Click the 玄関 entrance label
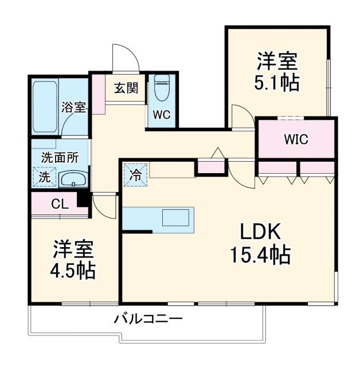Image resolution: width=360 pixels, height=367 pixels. tap(126, 88)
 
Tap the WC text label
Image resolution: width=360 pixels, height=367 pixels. tap(162, 114)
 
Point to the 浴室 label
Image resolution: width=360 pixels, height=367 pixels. tap(74, 107)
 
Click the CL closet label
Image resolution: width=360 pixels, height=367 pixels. tap(58, 204)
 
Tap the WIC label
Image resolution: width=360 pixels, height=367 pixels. tap(296, 139)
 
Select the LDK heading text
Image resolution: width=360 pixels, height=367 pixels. tap(259, 232)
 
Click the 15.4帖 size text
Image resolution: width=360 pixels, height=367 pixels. tap(260, 253)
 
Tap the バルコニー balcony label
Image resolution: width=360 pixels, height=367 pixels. tap(147, 319)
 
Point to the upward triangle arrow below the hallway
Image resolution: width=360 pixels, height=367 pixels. tap(218, 153)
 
